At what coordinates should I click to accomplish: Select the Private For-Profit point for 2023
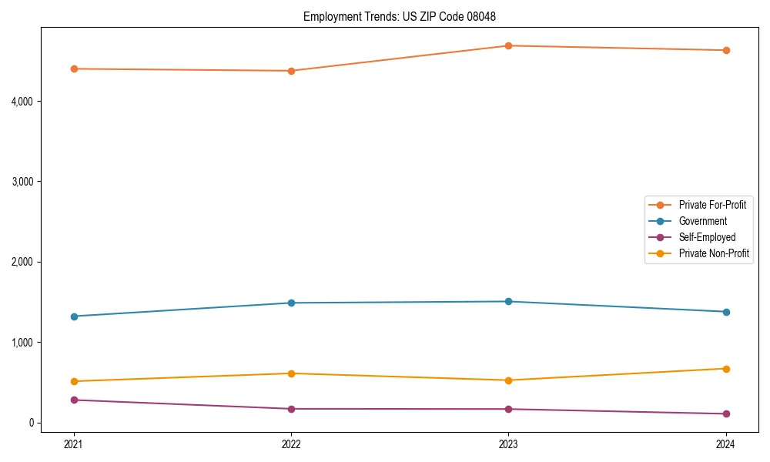508,46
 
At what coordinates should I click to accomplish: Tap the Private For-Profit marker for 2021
74,69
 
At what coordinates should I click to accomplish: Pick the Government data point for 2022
291,303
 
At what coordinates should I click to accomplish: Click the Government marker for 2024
725,312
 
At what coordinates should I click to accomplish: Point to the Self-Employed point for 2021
74,400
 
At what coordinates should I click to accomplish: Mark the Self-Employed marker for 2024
725,413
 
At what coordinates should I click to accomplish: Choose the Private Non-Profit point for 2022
291,373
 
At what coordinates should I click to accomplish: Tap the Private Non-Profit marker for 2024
725,369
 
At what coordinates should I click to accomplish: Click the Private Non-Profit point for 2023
508,380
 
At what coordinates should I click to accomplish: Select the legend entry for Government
702,221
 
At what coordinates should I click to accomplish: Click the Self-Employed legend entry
707,237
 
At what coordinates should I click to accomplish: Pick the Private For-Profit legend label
712,205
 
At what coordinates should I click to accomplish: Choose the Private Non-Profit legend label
714,253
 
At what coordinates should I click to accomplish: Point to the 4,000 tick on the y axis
21,102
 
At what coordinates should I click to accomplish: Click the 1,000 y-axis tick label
21,343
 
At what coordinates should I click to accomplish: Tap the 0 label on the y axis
31,423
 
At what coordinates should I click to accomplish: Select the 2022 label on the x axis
291,444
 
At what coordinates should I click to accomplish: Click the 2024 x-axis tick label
725,444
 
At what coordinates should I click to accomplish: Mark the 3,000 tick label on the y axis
21,182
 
